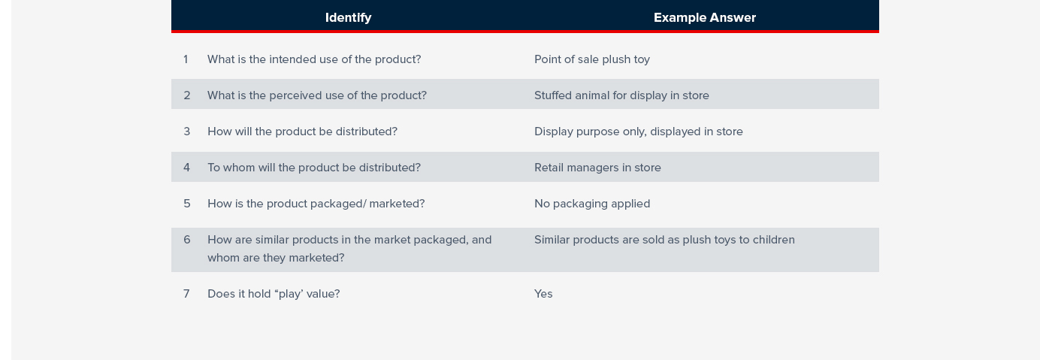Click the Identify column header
point(348,18)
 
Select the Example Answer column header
point(705,18)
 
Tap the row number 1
point(186,59)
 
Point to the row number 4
point(186,168)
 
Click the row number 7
point(186,294)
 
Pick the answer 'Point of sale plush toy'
point(592,59)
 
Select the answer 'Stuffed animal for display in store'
point(621,95)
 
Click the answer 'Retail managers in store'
point(597,168)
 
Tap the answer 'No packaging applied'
point(592,204)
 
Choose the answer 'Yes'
point(543,294)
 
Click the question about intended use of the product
point(314,59)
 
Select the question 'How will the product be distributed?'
point(302,132)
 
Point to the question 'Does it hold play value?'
point(274,294)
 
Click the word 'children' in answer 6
point(773,240)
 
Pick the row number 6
point(187,240)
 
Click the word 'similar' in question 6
point(271,240)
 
